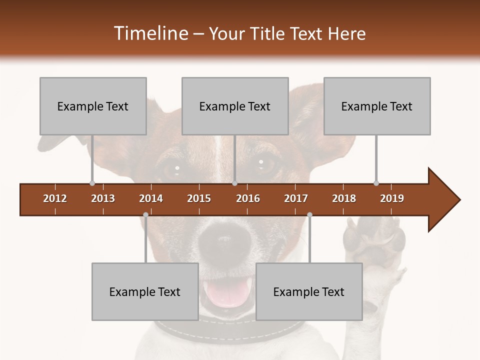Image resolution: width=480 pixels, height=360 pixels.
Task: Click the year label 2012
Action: [x=55, y=198]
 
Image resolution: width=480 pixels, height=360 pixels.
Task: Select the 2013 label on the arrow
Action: [x=103, y=198]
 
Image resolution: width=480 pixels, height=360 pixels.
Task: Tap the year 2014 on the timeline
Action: [x=151, y=198]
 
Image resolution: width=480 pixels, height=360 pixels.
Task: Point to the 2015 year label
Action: [x=199, y=198]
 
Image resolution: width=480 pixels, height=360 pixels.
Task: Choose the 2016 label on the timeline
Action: [x=248, y=198]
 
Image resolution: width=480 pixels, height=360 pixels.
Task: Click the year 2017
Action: [x=296, y=198]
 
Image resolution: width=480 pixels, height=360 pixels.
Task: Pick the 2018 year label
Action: [x=344, y=198]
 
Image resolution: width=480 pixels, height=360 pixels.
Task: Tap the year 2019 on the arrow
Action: [x=392, y=198]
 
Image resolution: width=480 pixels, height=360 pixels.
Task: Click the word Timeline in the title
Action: [x=150, y=33]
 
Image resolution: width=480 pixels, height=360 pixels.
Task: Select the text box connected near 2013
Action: [x=93, y=106]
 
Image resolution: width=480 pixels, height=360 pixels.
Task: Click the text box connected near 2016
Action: [x=235, y=106]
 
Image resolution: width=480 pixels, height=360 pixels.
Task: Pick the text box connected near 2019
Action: [x=377, y=106]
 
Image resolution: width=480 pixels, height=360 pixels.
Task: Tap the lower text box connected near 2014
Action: [x=145, y=291]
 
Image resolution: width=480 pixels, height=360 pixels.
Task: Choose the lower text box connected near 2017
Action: [x=309, y=291]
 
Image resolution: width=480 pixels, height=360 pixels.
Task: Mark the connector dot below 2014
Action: [x=145, y=214]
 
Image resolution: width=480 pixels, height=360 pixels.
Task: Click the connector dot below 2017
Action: [x=309, y=214]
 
